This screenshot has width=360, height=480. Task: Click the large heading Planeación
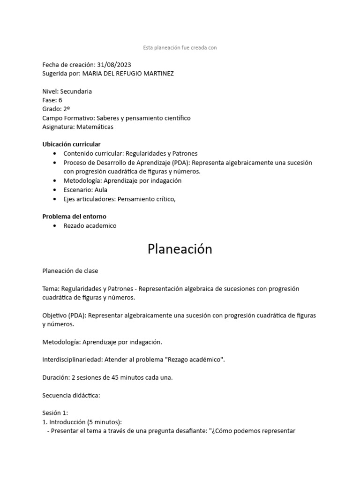(x=180, y=249)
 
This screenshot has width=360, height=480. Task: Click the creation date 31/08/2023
(x=114, y=65)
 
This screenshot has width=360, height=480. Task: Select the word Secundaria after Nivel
(x=76, y=91)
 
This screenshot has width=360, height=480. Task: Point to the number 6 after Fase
(x=60, y=100)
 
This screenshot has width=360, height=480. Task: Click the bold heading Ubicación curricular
(x=71, y=144)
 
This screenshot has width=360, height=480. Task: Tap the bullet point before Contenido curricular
(x=55, y=153)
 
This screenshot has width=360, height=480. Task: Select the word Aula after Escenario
(x=101, y=190)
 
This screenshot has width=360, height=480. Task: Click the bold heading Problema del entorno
(x=74, y=217)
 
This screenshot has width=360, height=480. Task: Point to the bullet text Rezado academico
(x=90, y=226)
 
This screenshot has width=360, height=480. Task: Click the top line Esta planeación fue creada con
(x=180, y=47)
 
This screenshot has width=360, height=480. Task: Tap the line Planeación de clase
(x=70, y=271)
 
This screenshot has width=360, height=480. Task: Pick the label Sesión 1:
(x=55, y=413)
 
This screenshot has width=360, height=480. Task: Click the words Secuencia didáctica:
(x=71, y=395)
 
